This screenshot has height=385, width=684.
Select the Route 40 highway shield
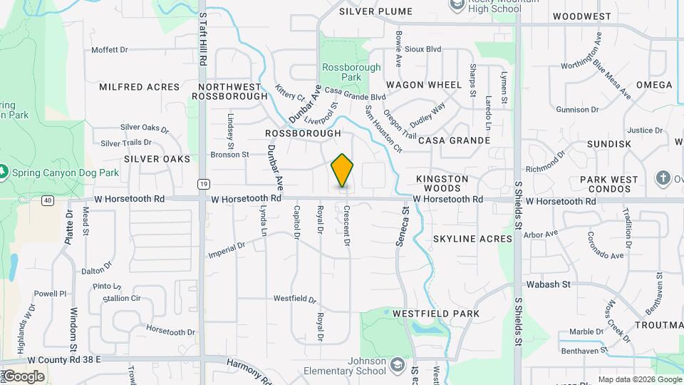click(x=47, y=200)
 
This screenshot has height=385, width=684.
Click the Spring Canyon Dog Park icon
click(x=4, y=173)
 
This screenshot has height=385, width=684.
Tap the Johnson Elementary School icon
click(x=396, y=365)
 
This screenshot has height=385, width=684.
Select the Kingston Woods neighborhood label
click(x=442, y=183)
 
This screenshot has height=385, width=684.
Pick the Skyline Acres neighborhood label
click(x=472, y=239)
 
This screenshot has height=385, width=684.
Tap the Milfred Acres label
click(x=140, y=87)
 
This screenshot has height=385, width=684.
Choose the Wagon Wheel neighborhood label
click(x=424, y=85)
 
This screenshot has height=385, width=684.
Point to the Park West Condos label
click(x=609, y=184)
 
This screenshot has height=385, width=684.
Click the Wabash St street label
click(x=553, y=284)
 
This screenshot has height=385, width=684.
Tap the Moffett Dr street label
click(x=110, y=50)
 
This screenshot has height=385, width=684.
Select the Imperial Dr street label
click(x=227, y=250)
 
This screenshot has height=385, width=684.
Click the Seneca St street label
click(x=403, y=226)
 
